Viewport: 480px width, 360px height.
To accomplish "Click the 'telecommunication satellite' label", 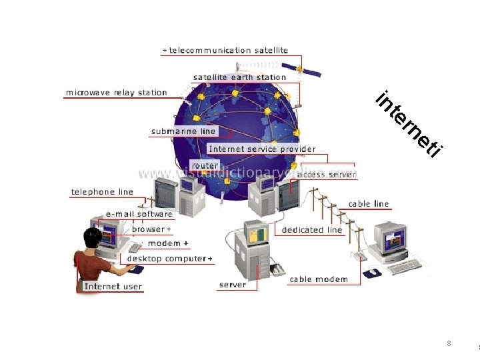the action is click(228, 50).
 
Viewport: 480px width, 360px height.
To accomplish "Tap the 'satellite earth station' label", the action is click(239, 77).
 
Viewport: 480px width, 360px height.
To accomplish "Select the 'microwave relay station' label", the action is click(116, 93).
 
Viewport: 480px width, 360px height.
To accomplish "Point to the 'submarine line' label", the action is click(183, 131).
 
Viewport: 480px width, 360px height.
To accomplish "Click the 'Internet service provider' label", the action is click(262, 149).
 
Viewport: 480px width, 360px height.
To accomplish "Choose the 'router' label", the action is click(205, 165).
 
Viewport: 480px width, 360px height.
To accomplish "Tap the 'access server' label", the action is click(327, 174).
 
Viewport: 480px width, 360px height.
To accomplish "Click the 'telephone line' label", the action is click(102, 192).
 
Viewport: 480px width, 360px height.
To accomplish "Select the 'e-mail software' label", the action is click(139, 214).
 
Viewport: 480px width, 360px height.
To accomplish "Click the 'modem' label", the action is click(165, 243).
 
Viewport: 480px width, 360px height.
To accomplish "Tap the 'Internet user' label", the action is click(113, 286).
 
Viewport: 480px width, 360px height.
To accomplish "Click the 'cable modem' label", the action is click(319, 279).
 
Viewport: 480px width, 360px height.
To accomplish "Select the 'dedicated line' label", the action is click(312, 230).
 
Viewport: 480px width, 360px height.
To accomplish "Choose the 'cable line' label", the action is click(369, 204).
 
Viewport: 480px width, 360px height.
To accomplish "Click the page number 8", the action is click(449, 343).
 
